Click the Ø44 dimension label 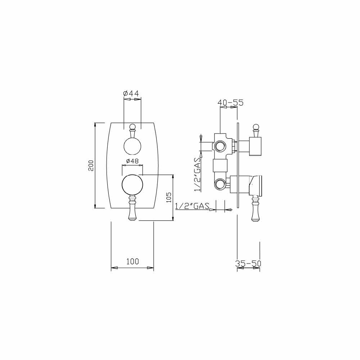coord(131,94)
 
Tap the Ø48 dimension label coord(132,161)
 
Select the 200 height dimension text coord(91,165)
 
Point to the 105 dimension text coord(169,197)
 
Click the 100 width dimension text coord(132,261)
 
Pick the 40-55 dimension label coord(230,103)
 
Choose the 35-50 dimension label coord(248,264)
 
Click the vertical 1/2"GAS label coord(197,174)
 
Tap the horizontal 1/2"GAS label coord(192,206)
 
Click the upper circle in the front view coord(132,146)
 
